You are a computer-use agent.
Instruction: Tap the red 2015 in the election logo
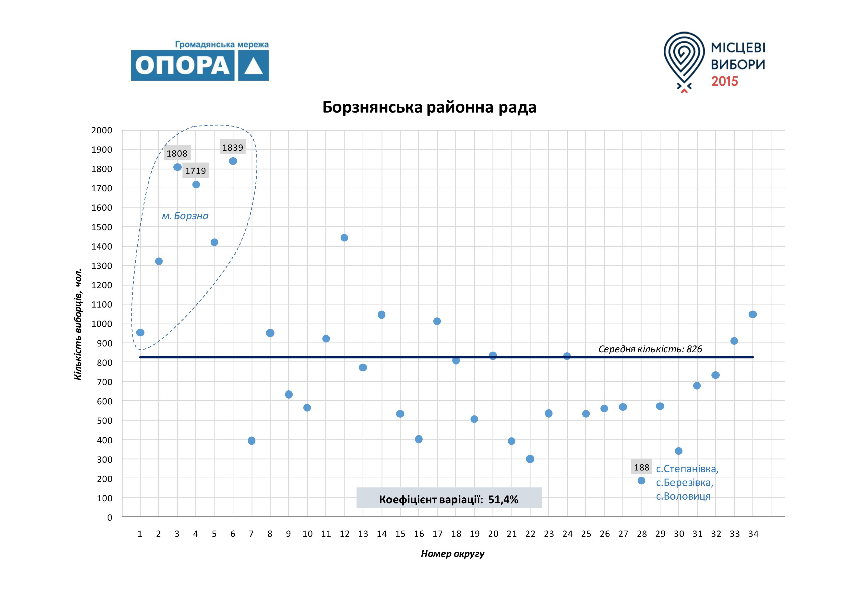pos(724,81)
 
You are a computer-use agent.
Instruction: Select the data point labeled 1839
pos(233,161)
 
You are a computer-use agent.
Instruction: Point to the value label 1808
pos(177,153)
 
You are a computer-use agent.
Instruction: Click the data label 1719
pos(196,171)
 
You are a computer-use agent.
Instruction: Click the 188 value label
pos(641,467)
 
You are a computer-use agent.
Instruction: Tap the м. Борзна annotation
pos(185,216)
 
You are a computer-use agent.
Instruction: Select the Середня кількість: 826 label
pos(650,349)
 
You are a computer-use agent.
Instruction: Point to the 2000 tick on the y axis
pos(102,130)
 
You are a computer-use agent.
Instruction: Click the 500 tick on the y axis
pos(104,421)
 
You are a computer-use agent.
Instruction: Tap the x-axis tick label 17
pos(437,534)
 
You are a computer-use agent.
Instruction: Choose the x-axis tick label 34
pos(753,534)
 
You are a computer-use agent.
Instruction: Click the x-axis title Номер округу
pos(452,554)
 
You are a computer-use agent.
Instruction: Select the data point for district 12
pos(344,238)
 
